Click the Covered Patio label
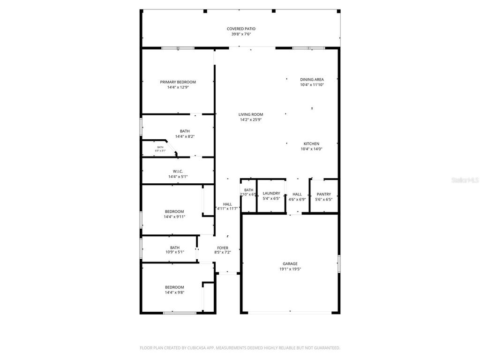pos(241,29)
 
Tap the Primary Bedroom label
pos(178,82)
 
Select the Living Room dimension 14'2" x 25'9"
pos(250,120)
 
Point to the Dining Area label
pos(312,79)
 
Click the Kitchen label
pos(312,143)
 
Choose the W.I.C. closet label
pos(178,171)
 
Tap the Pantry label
pos(323,194)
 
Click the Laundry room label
pos(271,193)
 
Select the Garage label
pos(290,263)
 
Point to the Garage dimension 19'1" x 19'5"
pos(290,269)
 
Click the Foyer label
pos(222,247)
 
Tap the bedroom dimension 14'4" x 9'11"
pos(174,217)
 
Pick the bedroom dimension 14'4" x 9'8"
pos(174,292)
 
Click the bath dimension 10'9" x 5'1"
pos(174,252)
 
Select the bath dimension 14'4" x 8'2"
pos(185,136)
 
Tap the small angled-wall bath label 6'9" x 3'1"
pos(160,150)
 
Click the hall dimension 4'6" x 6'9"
pos(297,199)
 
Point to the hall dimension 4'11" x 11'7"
pos(227,209)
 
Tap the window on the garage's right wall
pos(338,263)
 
